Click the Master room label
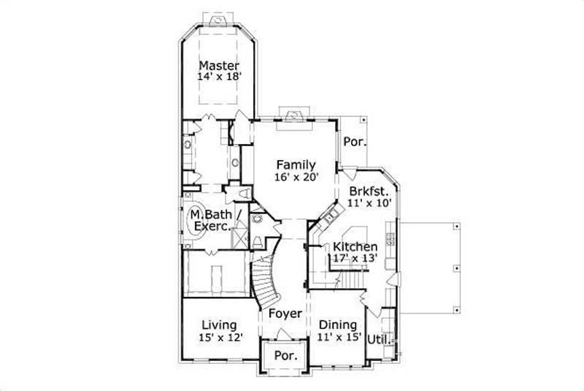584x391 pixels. [219, 65]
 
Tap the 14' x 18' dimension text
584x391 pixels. [219, 76]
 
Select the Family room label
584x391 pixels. [295, 164]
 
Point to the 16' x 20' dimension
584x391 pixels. [295, 176]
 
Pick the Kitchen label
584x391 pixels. [355, 246]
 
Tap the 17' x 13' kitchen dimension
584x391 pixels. [355, 257]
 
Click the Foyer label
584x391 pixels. [286, 314]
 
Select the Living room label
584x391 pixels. [219, 325]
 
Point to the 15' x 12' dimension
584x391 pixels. [219, 337]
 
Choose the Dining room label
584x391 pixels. [337, 325]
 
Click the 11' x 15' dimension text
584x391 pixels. [337, 337]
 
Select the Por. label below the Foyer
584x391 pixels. [285, 356]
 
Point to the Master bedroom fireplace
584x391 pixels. [220, 21]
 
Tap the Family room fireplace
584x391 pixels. [295, 114]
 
